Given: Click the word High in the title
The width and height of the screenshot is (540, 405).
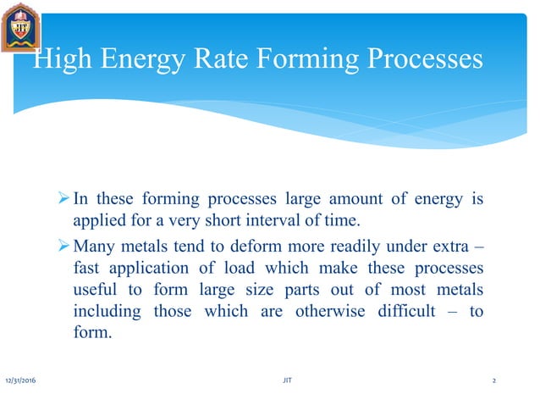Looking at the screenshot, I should click(62, 59).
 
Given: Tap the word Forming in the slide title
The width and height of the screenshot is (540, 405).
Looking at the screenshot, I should click(298, 59).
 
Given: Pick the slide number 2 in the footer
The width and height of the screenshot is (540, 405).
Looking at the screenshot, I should click(494, 382).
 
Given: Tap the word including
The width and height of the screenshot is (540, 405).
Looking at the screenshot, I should click(105, 311).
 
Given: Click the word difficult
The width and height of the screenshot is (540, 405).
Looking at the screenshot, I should click(411, 311).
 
